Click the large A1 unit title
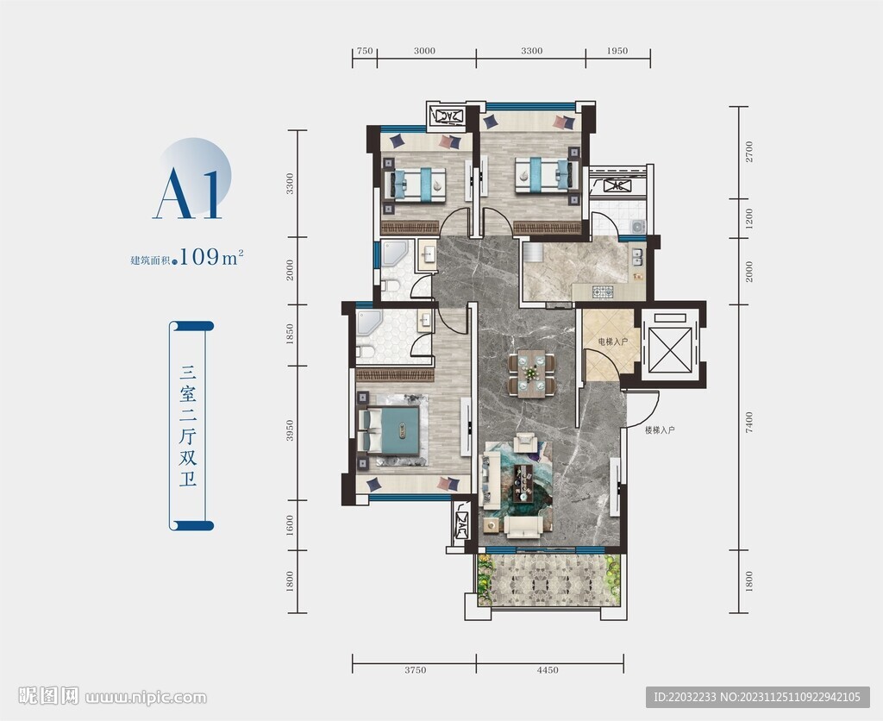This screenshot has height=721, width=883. coord(188,192)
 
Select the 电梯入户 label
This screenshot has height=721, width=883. coord(612,342)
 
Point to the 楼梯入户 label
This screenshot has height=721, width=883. coord(660,430)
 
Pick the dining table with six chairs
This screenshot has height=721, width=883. coord(531,371)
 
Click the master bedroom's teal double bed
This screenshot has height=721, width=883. coord(390,430)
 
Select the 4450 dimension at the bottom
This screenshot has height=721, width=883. coord(548,670)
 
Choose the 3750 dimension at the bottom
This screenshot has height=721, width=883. coord(415,670)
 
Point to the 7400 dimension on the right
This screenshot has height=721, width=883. coord(748,422)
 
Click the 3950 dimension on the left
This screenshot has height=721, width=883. coord(290,431)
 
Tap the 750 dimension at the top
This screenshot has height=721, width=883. coord(365,51)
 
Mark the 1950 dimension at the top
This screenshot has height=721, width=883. coord(617,51)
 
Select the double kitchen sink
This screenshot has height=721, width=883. coord(637,257)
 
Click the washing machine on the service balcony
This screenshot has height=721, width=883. coord(637,227)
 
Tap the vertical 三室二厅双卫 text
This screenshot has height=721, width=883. coord(188,426)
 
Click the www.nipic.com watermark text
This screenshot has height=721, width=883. coord(146,698)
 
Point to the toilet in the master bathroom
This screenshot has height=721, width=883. coord(366,352)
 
